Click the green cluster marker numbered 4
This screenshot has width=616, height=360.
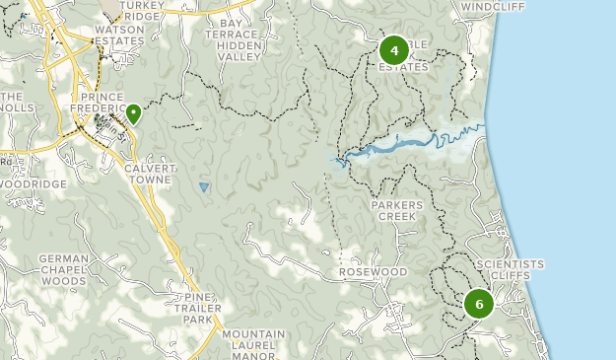coord(394,50)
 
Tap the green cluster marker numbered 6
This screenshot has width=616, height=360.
coord(479,304)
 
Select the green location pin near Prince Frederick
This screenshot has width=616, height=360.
coord(132,114)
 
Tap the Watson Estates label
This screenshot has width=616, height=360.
coord(120,36)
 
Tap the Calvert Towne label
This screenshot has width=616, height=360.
coord(149,175)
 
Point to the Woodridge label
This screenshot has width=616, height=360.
coord(34,184)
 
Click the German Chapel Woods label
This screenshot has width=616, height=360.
coord(63,269)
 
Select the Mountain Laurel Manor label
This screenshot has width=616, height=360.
coord(253,341)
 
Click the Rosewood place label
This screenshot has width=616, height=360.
coord(373,271)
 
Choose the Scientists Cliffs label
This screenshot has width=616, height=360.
coord(510,270)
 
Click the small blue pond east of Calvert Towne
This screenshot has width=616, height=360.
coord(204,186)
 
